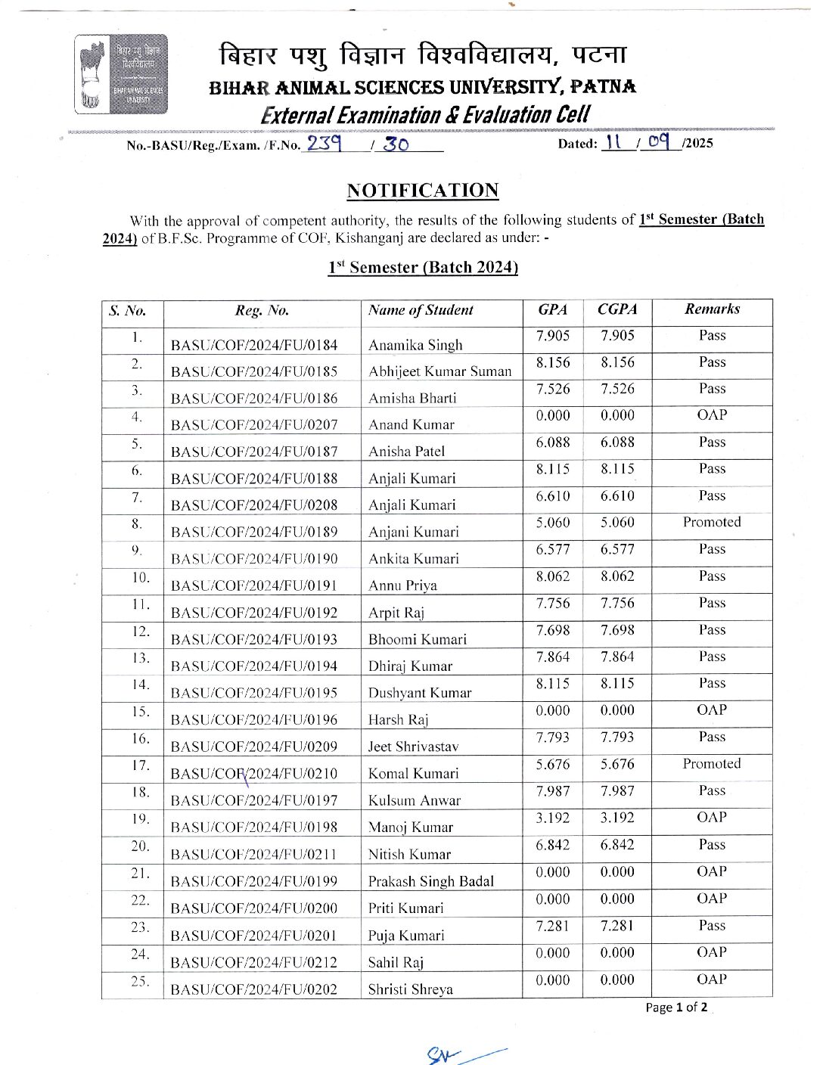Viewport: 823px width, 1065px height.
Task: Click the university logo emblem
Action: click(121, 74)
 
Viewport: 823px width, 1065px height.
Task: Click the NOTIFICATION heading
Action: click(423, 190)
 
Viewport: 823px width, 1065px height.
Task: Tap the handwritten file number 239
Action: click(324, 143)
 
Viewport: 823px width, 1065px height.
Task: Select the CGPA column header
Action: click(617, 309)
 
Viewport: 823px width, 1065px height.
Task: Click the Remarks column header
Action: click(712, 309)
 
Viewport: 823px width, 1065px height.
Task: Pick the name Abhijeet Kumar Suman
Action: click(439, 371)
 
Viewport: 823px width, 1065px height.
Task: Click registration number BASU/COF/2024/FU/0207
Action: click(254, 425)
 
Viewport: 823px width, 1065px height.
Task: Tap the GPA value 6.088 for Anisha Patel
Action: click(553, 442)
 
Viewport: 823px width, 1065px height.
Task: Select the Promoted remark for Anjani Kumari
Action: click(712, 522)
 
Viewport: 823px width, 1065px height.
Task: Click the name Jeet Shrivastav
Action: click(413, 747)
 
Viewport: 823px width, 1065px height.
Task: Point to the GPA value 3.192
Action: click(553, 818)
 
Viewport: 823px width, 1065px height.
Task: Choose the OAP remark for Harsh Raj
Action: click(712, 710)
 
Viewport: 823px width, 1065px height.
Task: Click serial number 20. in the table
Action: click(140, 846)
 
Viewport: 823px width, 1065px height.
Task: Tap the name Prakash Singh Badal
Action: click(430, 881)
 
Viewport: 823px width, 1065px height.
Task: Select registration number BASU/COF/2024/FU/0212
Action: click(254, 962)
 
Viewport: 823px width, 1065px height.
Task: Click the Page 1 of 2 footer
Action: click(676, 1008)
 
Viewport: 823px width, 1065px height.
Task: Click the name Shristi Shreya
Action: click(410, 989)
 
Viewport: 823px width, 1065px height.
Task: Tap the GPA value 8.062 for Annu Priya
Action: click(553, 576)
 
